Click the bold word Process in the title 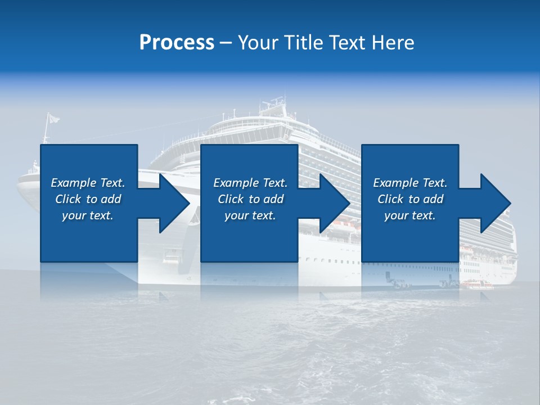177,42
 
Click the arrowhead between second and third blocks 334,203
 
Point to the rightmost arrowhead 495,203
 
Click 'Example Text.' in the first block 88,183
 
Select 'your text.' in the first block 88,215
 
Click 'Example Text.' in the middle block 250,183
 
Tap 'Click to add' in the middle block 250,199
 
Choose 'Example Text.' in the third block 410,183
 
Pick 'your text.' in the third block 410,215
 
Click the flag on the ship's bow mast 53,118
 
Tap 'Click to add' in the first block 88,199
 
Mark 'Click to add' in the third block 410,199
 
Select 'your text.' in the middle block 250,215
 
